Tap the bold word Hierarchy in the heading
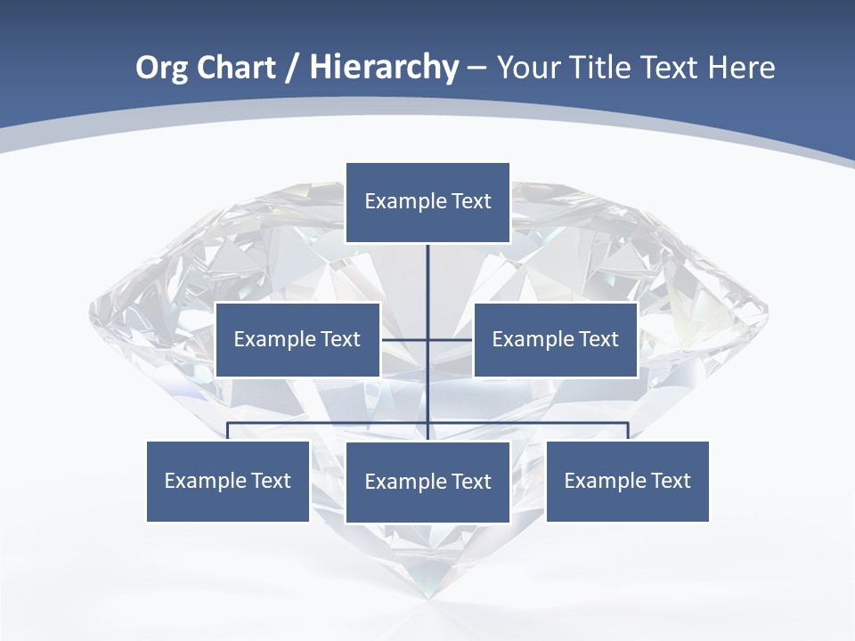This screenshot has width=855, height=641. (384, 68)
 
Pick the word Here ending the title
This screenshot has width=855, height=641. (741, 68)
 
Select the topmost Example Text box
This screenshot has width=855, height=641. (427, 202)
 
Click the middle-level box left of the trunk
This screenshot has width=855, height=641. (297, 339)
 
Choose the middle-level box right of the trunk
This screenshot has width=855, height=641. (555, 339)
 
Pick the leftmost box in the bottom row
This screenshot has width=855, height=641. (228, 481)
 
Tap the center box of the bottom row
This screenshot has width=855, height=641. (427, 482)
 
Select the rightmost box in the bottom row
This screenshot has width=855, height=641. (627, 481)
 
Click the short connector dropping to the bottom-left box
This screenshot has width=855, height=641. (228, 431)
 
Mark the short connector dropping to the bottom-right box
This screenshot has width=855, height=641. (628, 431)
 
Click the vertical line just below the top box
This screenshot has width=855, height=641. (427, 267)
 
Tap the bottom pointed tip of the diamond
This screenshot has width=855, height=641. (428, 595)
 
